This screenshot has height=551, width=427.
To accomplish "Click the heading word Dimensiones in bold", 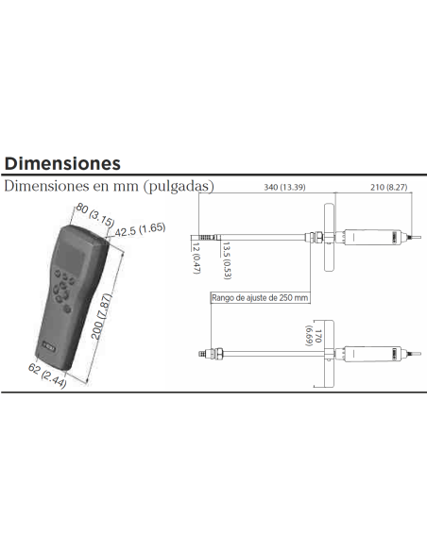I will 62,164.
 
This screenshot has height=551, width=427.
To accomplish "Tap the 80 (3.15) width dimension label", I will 94,215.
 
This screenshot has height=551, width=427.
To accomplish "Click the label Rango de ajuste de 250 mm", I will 260,298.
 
